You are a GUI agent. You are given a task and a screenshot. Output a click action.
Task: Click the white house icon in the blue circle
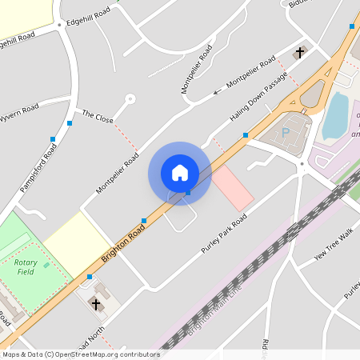point(179,172)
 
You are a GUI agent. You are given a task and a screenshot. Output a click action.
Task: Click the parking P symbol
point(286,131)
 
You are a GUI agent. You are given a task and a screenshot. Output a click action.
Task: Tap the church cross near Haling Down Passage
point(301,53)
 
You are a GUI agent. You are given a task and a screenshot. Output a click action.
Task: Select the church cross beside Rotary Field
point(97,304)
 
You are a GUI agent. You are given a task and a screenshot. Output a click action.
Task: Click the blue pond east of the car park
point(335,115)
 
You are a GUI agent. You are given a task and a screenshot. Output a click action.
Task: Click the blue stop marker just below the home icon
point(187,193)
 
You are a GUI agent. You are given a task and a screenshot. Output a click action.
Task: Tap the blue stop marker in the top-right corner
point(351,26)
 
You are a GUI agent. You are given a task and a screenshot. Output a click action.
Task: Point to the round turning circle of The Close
point(130,99)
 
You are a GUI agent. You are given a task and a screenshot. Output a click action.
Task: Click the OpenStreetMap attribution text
point(81,354)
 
